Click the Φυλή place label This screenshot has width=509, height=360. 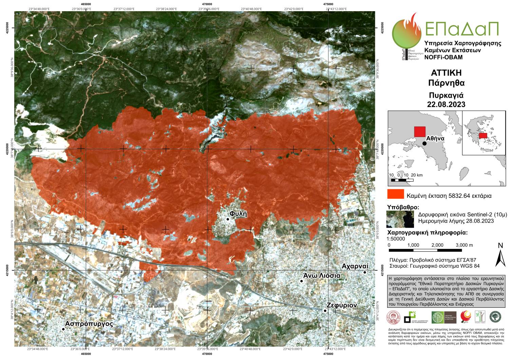click(x=238, y=214)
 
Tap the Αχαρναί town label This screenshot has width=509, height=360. click(x=355, y=266)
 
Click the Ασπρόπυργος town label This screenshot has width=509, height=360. click(x=89, y=323)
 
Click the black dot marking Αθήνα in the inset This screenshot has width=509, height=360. click(x=425, y=144)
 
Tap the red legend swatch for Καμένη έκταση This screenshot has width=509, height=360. click(x=395, y=194)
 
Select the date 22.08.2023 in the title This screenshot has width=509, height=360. click(x=446, y=104)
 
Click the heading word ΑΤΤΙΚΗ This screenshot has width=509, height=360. click(x=446, y=73)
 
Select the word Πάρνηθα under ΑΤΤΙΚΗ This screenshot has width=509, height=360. click(x=446, y=82)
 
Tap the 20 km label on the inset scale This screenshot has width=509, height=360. click(x=417, y=175)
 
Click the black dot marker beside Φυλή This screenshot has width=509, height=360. click(x=228, y=219)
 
